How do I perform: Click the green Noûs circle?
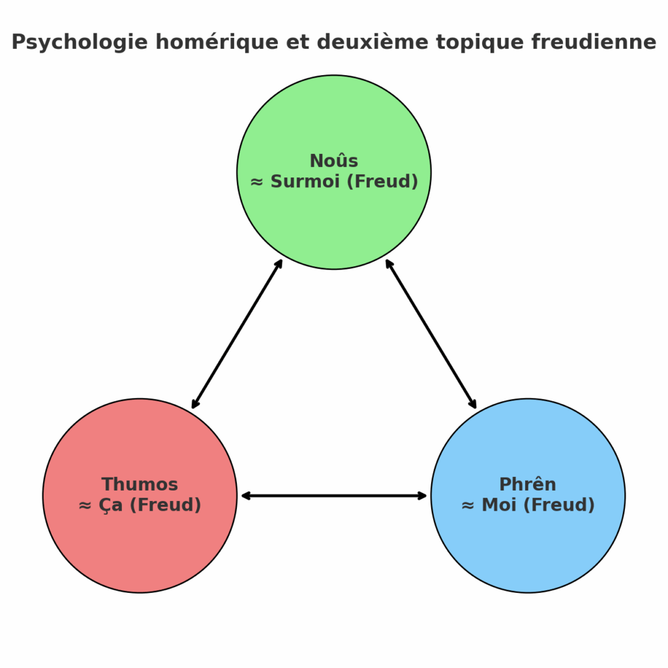pyautogui.click(x=334, y=222)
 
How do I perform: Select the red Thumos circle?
pyautogui.click(x=140, y=548)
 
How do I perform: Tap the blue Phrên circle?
pyautogui.click(x=528, y=548)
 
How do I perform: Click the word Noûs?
pyautogui.click(x=334, y=161)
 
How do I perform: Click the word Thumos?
pyautogui.click(x=140, y=485)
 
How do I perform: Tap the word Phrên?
pyautogui.click(x=528, y=485)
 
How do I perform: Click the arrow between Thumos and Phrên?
pyautogui.click(x=334, y=496)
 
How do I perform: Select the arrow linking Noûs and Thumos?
pyautogui.click(x=237, y=334)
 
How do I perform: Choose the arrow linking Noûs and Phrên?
pyautogui.click(x=431, y=334)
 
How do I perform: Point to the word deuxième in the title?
pyautogui.click(x=357, y=42)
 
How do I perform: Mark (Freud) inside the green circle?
pyautogui.click(x=382, y=181)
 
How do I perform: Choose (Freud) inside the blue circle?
pyautogui.click(x=558, y=506)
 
